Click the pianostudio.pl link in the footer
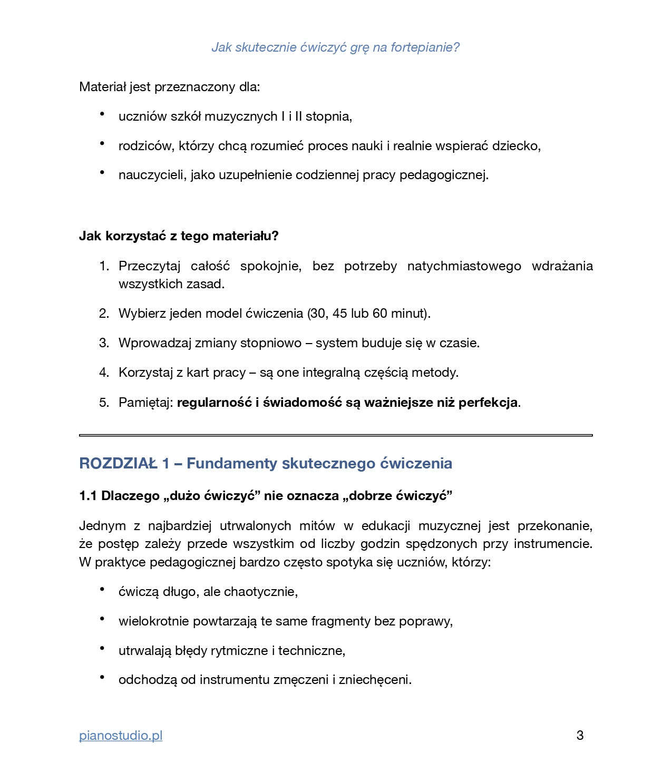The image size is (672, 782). click(x=121, y=736)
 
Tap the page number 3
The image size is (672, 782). click(x=580, y=736)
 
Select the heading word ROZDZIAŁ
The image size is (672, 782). click(x=119, y=463)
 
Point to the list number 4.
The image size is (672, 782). click(x=104, y=373)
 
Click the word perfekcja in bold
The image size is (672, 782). click(x=488, y=403)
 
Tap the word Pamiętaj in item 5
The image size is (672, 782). click(x=145, y=403)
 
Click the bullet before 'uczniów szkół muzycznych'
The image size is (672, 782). click(x=102, y=114)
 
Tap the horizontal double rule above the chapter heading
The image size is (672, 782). click(x=336, y=435)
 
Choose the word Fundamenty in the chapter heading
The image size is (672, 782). click(x=232, y=463)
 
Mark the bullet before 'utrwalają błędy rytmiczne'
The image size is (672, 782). click(x=102, y=648)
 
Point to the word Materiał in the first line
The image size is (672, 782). click(x=102, y=87)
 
